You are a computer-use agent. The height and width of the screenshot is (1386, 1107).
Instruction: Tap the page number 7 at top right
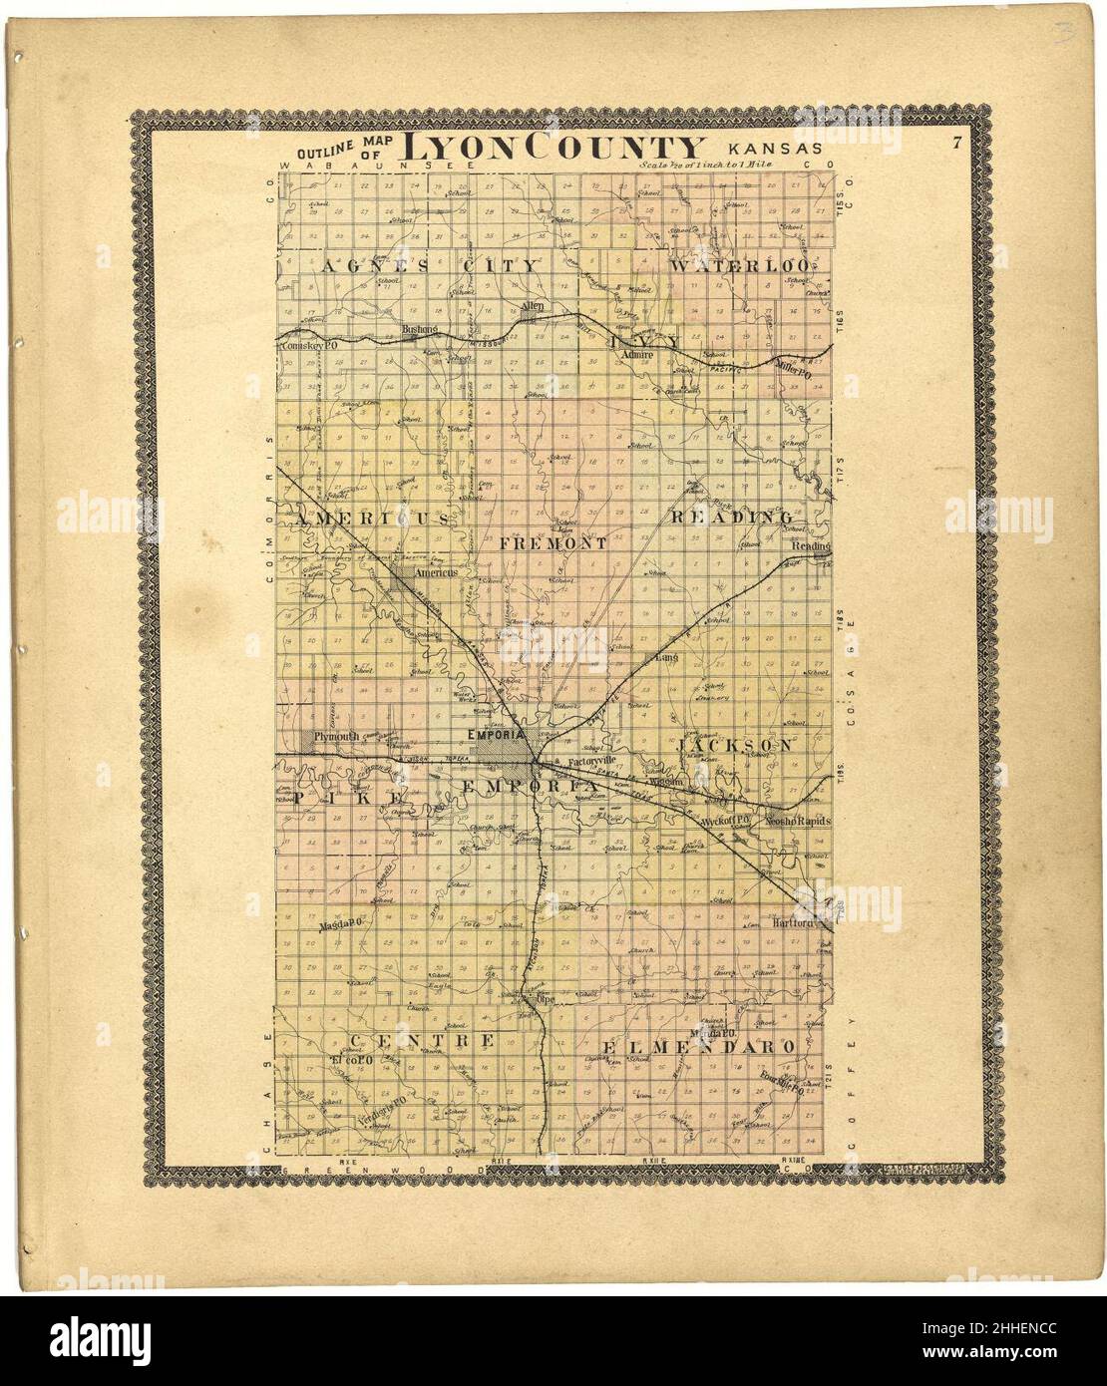tap(954, 143)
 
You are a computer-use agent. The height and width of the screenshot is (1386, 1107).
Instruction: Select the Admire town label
tap(634, 354)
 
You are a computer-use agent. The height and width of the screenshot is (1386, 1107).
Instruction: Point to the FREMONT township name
tap(553, 544)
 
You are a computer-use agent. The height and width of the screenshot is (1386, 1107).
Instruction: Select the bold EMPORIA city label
tap(496, 735)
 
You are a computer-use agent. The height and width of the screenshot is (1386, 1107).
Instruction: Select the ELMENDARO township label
tap(698, 1047)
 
